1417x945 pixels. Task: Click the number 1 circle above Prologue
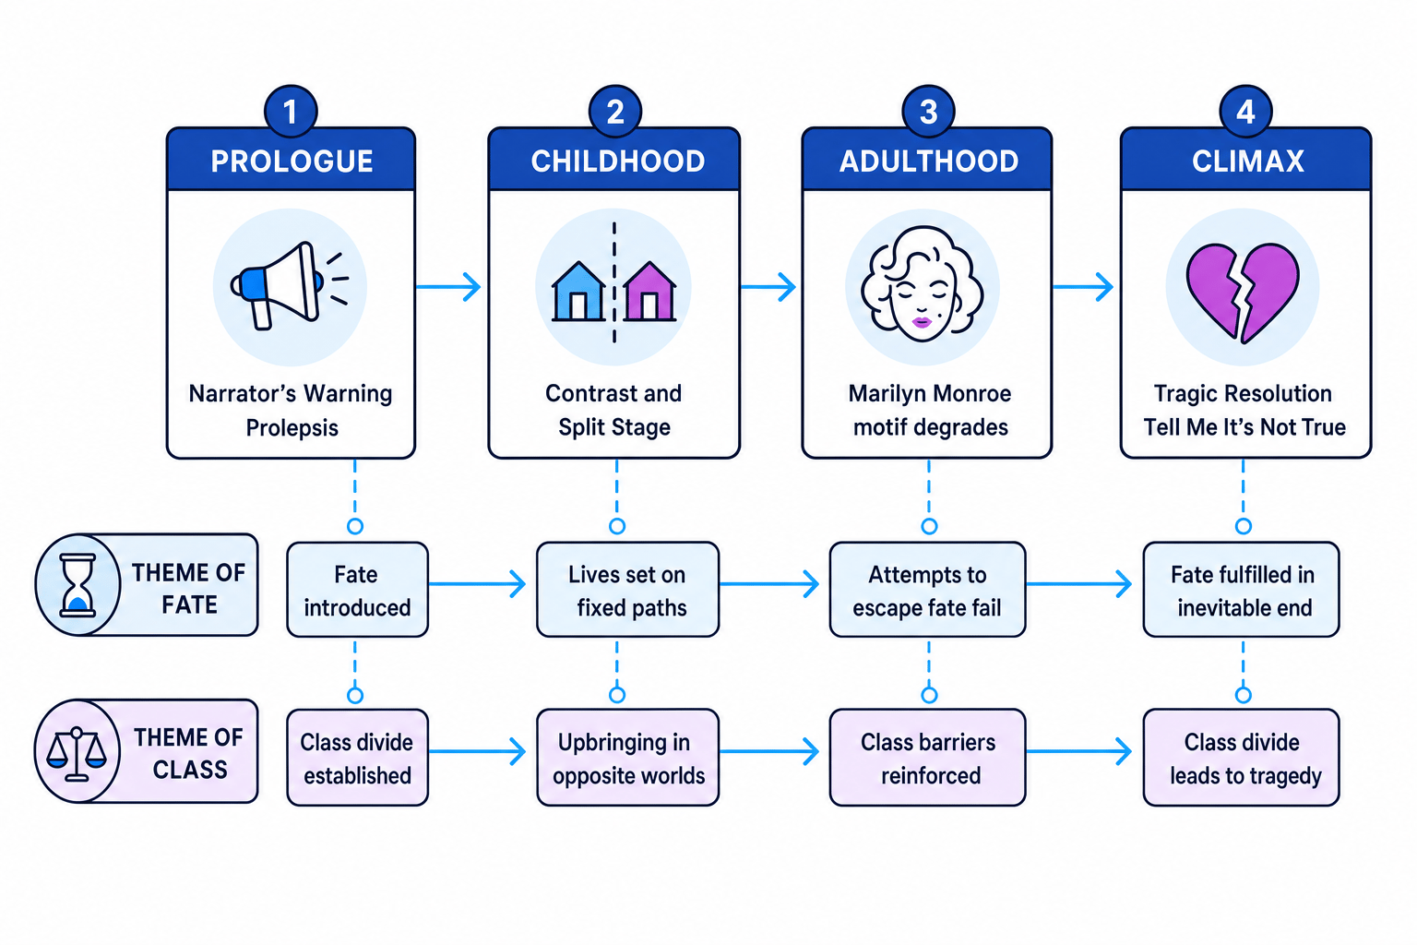[x=291, y=112]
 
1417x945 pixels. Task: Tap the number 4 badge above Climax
[x=1245, y=112]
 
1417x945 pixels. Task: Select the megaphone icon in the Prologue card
[x=288, y=286]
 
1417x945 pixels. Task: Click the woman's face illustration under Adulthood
[x=923, y=284]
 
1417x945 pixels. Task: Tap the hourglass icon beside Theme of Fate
[x=77, y=585]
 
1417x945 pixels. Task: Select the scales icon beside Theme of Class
[x=77, y=753]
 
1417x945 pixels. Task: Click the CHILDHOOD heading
[x=618, y=161]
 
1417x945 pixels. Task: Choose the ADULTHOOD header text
[x=929, y=161]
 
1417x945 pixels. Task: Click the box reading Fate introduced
[x=357, y=590]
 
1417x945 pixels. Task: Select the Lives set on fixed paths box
[x=627, y=590]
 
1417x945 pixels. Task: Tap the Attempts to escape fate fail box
[x=927, y=590]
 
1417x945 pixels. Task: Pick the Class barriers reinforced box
[x=927, y=758]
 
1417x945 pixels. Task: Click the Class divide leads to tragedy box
[x=1241, y=758]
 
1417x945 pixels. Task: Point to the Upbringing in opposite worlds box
[x=627, y=758]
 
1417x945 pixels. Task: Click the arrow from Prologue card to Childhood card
[x=447, y=287]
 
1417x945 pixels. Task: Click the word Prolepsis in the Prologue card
[x=292, y=428]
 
